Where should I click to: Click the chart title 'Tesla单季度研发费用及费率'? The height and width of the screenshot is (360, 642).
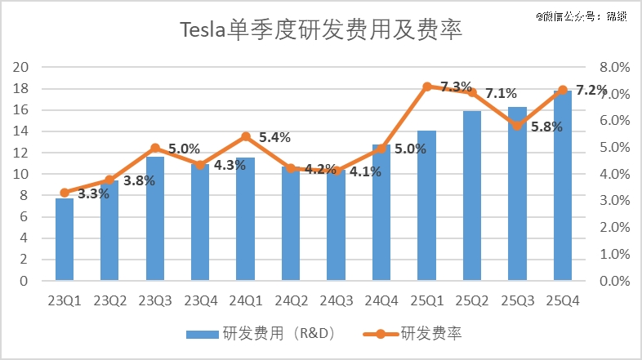[320, 33]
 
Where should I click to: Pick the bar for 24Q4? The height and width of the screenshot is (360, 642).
[381, 213]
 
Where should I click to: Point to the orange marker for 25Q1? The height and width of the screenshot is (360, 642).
[427, 86]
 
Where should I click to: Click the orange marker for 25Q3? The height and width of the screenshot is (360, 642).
[517, 126]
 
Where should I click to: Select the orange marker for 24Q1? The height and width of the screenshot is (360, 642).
[246, 137]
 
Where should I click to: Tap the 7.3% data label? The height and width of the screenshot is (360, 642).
[456, 87]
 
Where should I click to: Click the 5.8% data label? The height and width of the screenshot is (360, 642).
[546, 127]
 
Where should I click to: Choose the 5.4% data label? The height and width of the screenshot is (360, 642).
[274, 137]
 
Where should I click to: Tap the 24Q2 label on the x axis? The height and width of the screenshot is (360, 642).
[291, 300]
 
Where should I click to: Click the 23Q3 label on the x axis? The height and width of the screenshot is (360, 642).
[155, 300]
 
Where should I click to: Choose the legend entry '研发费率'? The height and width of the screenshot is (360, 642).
[425, 333]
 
